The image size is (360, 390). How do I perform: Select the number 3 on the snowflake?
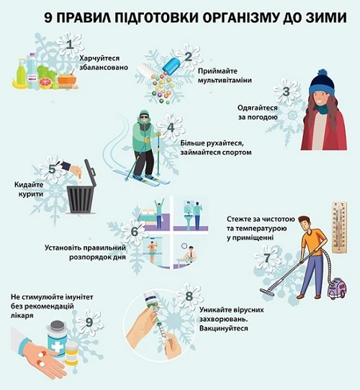[286, 91]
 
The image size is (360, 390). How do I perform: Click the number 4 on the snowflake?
[171, 129]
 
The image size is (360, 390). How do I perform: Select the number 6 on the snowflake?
[134, 232]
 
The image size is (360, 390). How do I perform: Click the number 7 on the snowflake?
[267, 257]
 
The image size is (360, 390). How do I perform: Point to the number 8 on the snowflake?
[189, 295]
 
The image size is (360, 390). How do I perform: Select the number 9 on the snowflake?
[89, 322]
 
